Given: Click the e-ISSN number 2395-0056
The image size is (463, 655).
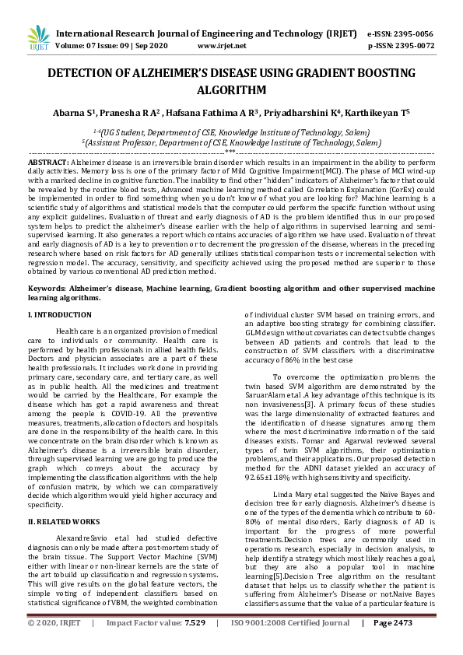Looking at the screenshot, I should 412,34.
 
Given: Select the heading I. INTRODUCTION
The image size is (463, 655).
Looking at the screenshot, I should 59,314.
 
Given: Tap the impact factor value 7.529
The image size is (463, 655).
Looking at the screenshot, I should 195,646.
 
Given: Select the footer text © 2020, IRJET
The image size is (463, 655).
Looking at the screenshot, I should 54,646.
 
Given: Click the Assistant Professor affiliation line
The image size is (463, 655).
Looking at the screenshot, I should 231,143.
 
